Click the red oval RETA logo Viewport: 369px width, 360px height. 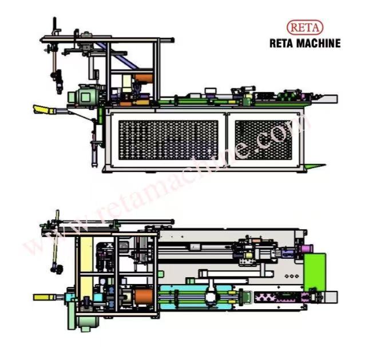305,28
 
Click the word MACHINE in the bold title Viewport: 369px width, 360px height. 318,43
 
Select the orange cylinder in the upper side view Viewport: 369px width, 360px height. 144,78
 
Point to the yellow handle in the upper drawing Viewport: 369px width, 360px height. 42,109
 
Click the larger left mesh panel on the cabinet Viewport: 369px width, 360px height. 168,140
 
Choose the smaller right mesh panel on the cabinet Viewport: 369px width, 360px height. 264,140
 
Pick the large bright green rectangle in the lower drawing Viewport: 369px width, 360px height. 315,272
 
